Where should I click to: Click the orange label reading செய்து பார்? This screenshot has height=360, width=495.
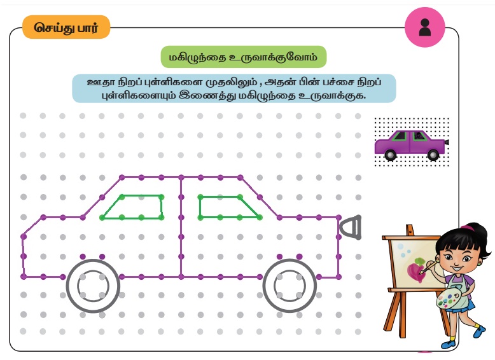(x=66, y=27)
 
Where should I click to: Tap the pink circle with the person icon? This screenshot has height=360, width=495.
(x=425, y=27)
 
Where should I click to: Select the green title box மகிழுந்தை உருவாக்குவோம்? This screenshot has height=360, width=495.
(x=244, y=57)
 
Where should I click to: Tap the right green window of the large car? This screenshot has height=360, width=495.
(x=227, y=207)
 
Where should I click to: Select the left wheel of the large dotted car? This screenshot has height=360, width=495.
(x=93, y=286)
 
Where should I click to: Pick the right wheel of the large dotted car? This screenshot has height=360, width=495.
(x=289, y=286)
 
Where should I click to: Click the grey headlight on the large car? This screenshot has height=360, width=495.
(x=351, y=227)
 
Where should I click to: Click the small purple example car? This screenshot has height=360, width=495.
(x=412, y=145)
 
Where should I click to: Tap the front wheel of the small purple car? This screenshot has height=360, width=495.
(x=433, y=155)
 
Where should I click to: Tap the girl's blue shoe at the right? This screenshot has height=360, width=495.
(x=480, y=331)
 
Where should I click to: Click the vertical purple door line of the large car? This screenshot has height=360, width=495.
(x=181, y=227)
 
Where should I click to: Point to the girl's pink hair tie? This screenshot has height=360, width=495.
(x=467, y=227)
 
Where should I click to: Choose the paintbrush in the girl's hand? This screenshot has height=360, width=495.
(x=429, y=267)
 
